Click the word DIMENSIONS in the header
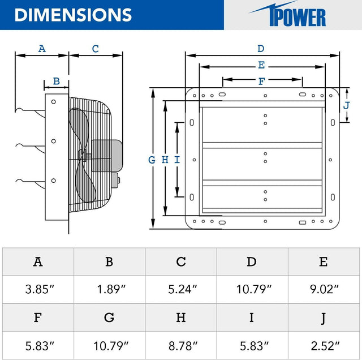click(x=73, y=15)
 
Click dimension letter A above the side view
click(x=41, y=49)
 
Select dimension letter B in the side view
click(x=56, y=81)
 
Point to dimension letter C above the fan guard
click(x=95, y=49)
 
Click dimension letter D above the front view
click(x=261, y=49)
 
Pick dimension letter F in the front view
click(x=261, y=81)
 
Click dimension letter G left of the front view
click(x=152, y=160)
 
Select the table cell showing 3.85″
click(x=37, y=289)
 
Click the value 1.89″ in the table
click(x=109, y=289)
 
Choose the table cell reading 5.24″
click(x=180, y=289)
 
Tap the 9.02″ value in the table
click(x=324, y=289)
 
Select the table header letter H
click(x=180, y=318)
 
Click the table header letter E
click(x=324, y=262)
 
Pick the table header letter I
click(x=252, y=318)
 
